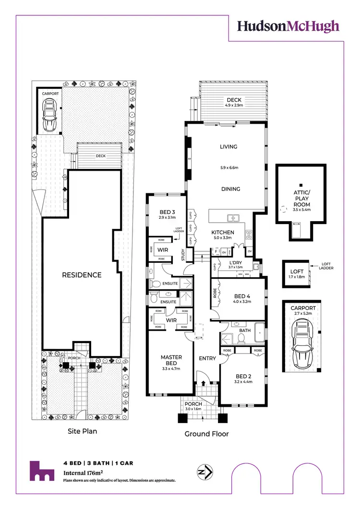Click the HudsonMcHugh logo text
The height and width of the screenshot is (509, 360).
[288, 26]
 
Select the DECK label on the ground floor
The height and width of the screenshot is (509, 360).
[234, 100]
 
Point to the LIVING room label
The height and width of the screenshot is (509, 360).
[228, 147]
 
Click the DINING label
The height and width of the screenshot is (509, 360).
[230, 189]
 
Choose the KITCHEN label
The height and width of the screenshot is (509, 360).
[223, 233]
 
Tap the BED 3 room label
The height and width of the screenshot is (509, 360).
[167, 213]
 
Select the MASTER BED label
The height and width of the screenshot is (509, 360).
[170, 359]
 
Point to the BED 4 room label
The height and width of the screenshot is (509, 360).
[242, 296]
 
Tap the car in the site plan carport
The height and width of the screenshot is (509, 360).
[49, 116]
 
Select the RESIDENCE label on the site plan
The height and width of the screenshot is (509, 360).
[81, 275]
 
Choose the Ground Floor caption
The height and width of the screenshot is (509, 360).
[206, 434]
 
